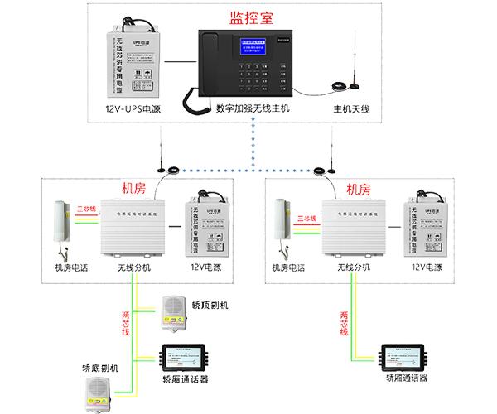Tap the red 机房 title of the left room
[134, 189]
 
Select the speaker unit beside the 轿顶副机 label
[174, 309]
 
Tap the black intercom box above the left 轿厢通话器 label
[186, 357]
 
